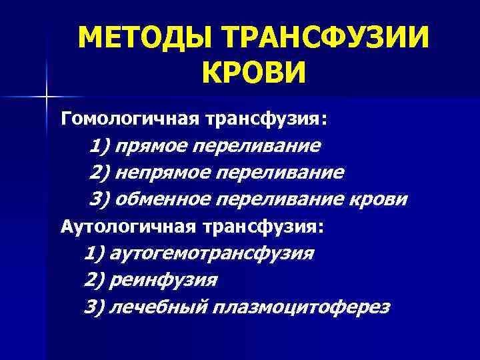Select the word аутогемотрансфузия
pyautogui.click(x=213, y=253)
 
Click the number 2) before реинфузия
pyautogui.click(x=95, y=280)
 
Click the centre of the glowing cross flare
pyautogui.click(x=47, y=97)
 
